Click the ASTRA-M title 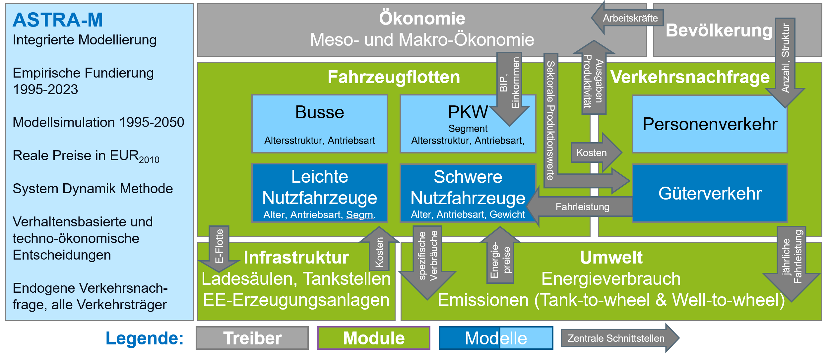(x=58, y=20)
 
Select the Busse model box (x=319, y=124)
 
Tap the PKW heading (x=468, y=112)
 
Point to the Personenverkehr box (x=710, y=124)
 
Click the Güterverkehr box (x=710, y=193)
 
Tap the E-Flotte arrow (x=219, y=247)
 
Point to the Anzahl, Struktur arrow (x=785, y=60)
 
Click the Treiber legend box (x=252, y=338)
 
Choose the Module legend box (x=374, y=338)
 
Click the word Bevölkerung (x=719, y=30)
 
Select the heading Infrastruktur (x=296, y=258)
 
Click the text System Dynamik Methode (x=93, y=189)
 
